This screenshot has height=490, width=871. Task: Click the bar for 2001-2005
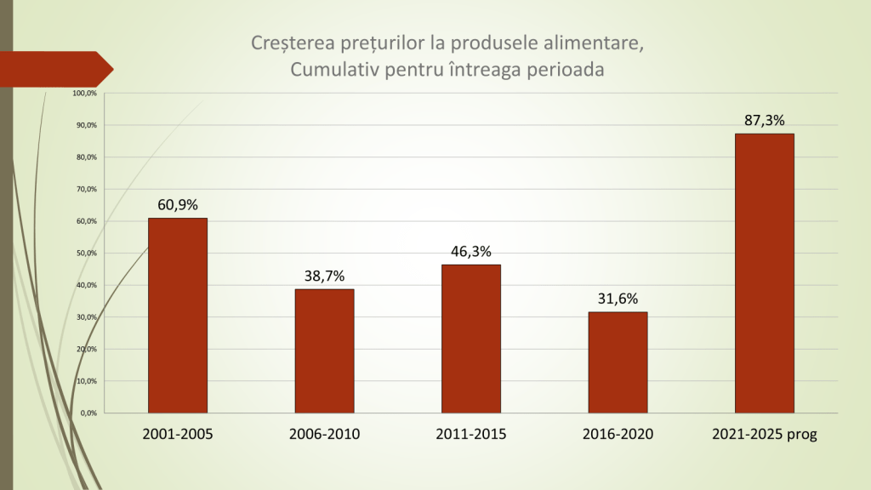pos(178,316)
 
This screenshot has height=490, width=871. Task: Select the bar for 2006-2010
pos(324,350)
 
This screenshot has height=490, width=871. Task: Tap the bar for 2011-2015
pos(470,339)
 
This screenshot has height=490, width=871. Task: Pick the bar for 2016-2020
pos(618,362)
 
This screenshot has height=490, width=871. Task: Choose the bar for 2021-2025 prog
pos(764,273)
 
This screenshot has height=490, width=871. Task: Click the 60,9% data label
pos(178,205)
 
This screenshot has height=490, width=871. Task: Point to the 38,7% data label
pos(324,276)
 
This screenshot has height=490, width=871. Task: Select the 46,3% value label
pos(471,251)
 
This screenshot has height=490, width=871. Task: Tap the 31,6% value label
pos(618,299)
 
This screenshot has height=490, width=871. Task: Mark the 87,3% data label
pos(764,120)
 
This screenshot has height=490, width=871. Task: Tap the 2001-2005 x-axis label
pos(178,435)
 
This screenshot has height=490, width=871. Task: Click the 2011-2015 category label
pos(471,435)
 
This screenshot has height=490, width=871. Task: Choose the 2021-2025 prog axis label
pos(764,435)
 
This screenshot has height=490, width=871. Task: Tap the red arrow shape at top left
pos(56,68)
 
